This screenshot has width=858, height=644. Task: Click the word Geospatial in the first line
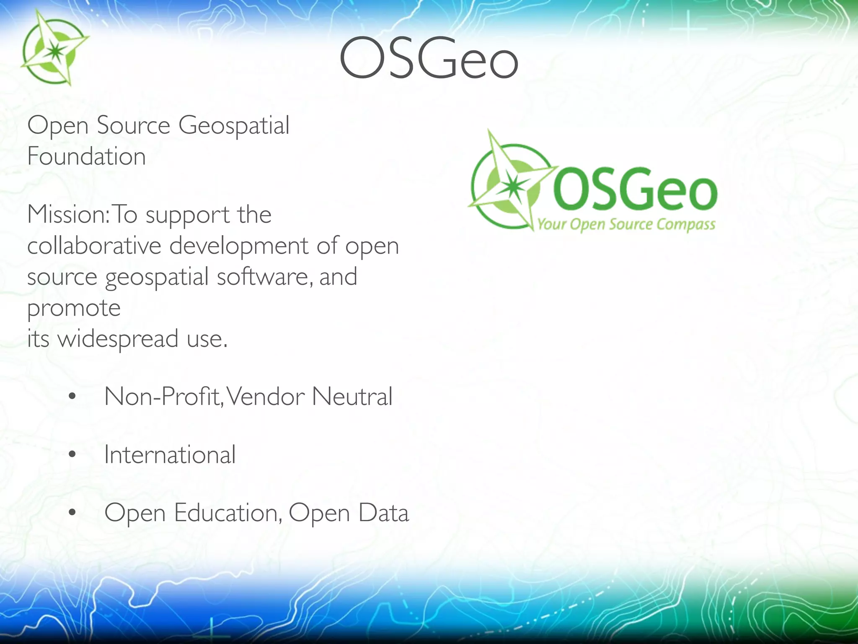234,126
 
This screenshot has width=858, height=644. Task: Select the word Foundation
87,156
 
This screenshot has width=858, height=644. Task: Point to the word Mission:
68,215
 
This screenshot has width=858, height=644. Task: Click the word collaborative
94,246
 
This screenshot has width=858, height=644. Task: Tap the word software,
265,277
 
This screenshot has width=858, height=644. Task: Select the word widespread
118,339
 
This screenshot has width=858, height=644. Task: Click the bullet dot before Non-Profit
72,396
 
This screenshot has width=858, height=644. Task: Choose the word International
170,454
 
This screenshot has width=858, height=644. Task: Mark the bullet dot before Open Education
72,512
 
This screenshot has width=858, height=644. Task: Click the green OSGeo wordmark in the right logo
635,188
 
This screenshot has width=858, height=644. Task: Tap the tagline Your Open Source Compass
626,224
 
